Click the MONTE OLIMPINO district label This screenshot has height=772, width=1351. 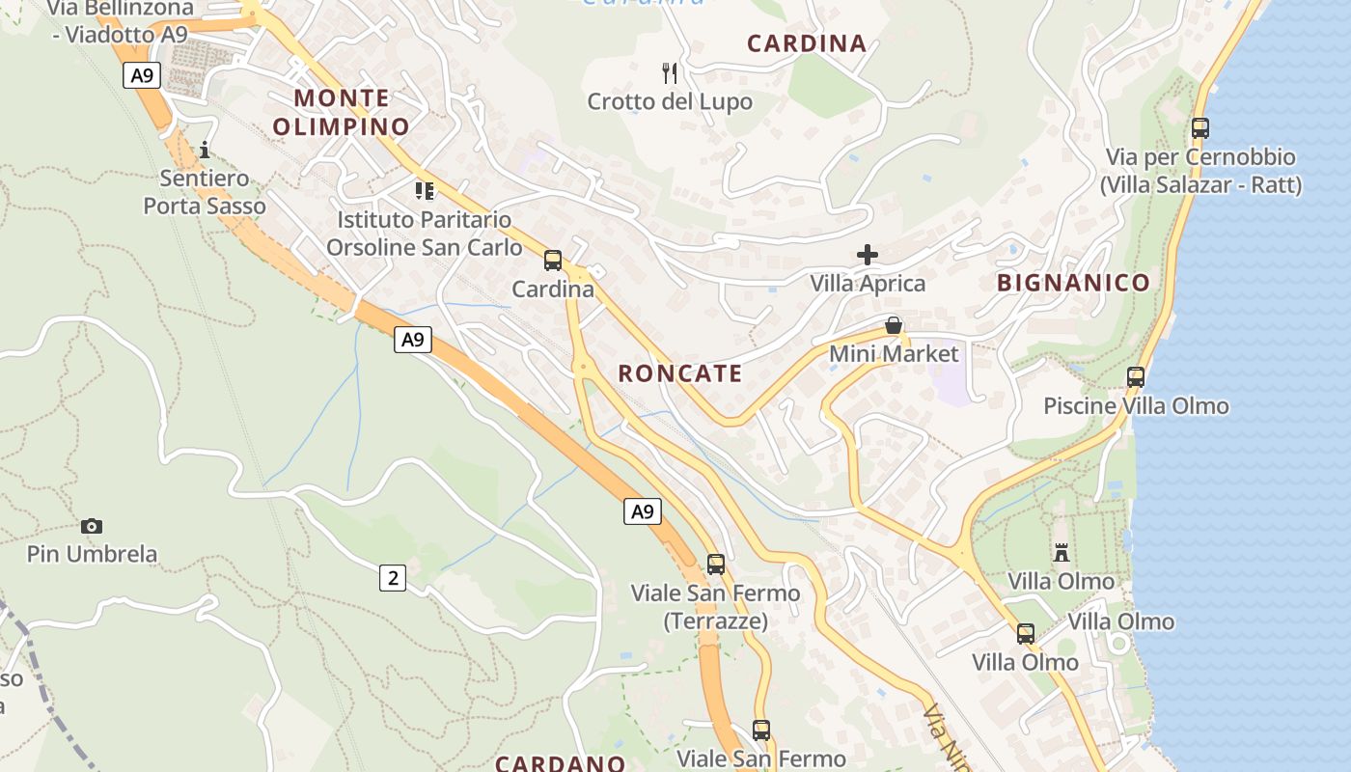coord(342,112)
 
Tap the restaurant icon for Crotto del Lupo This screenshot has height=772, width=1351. coord(670,72)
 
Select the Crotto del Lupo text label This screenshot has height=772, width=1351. coord(670,101)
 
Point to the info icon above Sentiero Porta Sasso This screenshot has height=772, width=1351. coord(204,150)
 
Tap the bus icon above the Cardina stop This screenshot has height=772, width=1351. coord(553,260)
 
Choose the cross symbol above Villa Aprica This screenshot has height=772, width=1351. coord(868,255)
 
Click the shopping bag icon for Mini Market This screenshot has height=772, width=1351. coord(894,325)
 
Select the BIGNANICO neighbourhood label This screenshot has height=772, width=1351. coord(1073,283)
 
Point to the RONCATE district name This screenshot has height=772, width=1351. coord(680,373)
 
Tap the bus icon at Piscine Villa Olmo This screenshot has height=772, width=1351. coord(1136,377)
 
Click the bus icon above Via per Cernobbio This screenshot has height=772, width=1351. coord(1200,127)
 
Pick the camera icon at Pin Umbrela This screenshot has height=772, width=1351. coord(92,526)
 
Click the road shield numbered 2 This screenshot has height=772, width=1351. coord(392,578)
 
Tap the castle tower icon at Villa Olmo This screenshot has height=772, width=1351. coord(1061,553)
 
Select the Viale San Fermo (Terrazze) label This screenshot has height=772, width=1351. coord(715,607)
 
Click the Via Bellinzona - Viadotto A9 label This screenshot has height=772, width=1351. coord(121,21)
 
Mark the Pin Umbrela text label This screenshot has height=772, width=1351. coord(92,554)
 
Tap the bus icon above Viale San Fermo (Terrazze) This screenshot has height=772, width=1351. coord(716,565)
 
